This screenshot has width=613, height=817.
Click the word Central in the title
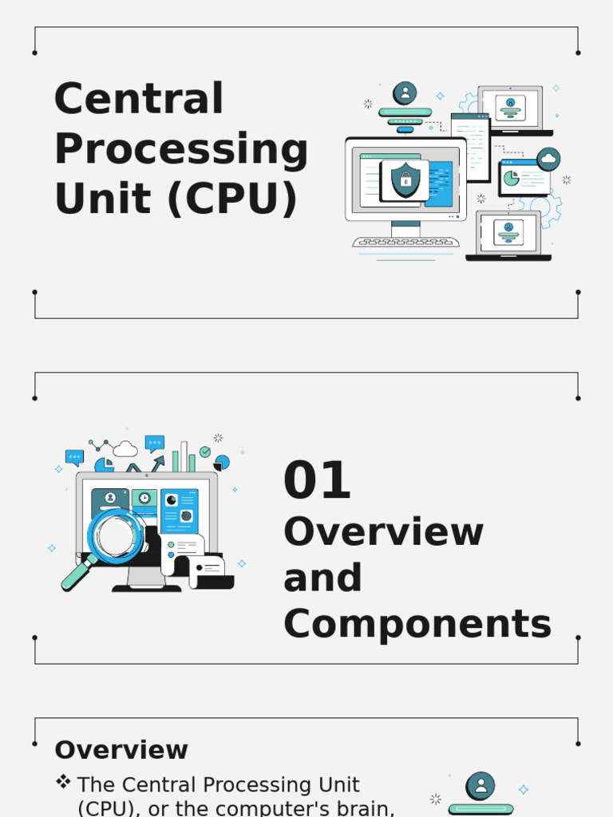tap(139, 99)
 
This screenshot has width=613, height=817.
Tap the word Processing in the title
tap(180, 149)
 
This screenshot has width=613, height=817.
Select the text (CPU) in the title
tap(231, 199)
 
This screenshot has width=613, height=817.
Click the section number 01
tap(317, 481)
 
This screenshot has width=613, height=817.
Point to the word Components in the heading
tap(417, 624)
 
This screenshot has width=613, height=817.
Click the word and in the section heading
tap(322, 578)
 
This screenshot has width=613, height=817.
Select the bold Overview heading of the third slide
tap(121, 750)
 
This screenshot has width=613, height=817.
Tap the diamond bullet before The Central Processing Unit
tap(63, 783)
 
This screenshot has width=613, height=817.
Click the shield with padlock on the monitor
tap(405, 180)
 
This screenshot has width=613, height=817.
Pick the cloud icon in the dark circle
tap(548, 160)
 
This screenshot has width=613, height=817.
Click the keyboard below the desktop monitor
tap(405, 242)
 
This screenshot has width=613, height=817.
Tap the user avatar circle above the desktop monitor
tap(405, 93)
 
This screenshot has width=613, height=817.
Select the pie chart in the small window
tap(512, 178)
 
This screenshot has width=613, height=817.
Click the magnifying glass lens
tap(117, 535)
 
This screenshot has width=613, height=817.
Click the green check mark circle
tap(205, 452)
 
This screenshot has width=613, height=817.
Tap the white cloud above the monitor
tap(125, 449)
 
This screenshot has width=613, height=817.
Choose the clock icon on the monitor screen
tap(144, 498)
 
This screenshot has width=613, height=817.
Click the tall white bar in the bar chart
tap(184, 456)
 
